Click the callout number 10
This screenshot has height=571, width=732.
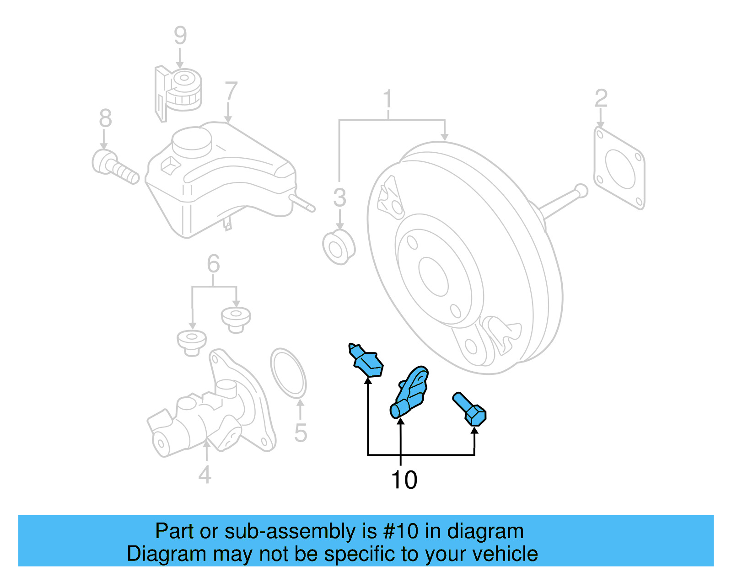[404, 480]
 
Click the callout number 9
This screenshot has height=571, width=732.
[180, 36]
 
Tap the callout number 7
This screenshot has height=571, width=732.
[231, 91]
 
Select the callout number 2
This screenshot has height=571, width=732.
[601, 98]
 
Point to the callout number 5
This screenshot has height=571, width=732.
[300, 432]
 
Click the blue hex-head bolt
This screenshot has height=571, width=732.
[470, 410]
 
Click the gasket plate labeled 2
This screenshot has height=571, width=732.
[619, 168]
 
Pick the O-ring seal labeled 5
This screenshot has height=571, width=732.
[288, 373]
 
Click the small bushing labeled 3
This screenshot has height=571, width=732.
[339, 248]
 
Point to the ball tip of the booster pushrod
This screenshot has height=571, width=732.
[581, 189]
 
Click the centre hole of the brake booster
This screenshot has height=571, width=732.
[433, 276]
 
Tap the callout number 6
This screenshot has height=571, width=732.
[213, 264]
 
